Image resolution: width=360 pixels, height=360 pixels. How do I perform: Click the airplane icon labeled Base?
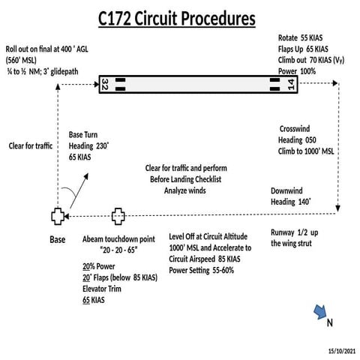click(x=58, y=217)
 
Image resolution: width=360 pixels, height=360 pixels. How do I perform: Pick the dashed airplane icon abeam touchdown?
click(x=118, y=217)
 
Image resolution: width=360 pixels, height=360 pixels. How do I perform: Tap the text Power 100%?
click(x=296, y=70)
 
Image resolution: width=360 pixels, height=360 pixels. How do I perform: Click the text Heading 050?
click(x=298, y=140)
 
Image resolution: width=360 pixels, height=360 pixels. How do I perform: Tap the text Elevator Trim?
click(x=106, y=289)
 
